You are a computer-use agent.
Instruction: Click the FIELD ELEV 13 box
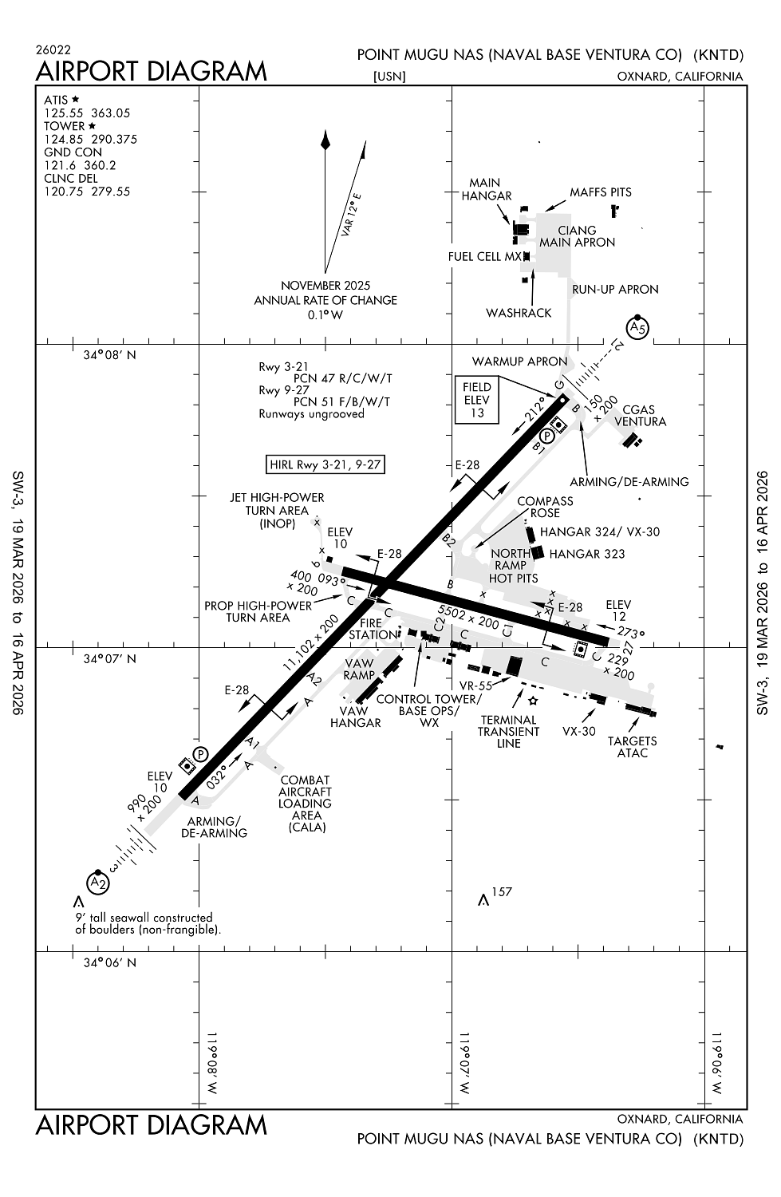[x=476, y=400]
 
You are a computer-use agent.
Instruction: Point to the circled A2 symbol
[x=97, y=883]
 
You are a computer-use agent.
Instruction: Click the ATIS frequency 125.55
[x=60, y=113]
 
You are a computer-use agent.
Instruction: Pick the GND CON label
[x=73, y=152]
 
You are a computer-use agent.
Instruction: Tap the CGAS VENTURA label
[x=640, y=416]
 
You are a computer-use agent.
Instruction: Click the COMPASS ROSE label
[x=545, y=507]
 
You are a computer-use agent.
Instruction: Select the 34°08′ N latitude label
[x=109, y=355]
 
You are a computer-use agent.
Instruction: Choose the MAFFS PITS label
[x=600, y=192]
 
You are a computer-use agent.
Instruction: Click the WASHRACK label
[x=519, y=313]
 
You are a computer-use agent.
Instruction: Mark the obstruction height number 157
[x=502, y=891]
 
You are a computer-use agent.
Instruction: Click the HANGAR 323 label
[x=587, y=554]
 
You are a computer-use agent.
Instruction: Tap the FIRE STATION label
[x=373, y=629]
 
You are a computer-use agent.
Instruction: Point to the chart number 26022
[x=53, y=50]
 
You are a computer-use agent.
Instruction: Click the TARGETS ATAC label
[x=632, y=747]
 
